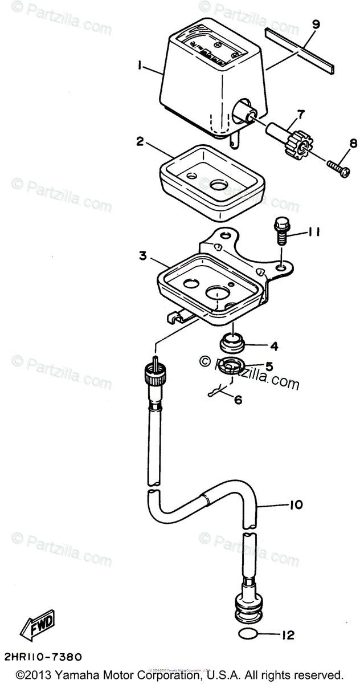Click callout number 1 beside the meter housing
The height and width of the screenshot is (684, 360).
(139, 67)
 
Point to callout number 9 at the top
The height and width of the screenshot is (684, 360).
(316, 24)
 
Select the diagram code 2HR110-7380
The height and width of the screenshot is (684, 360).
(40, 657)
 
